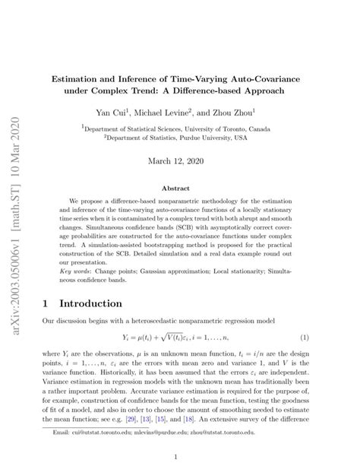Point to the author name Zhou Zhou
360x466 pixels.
click(245, 113)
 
